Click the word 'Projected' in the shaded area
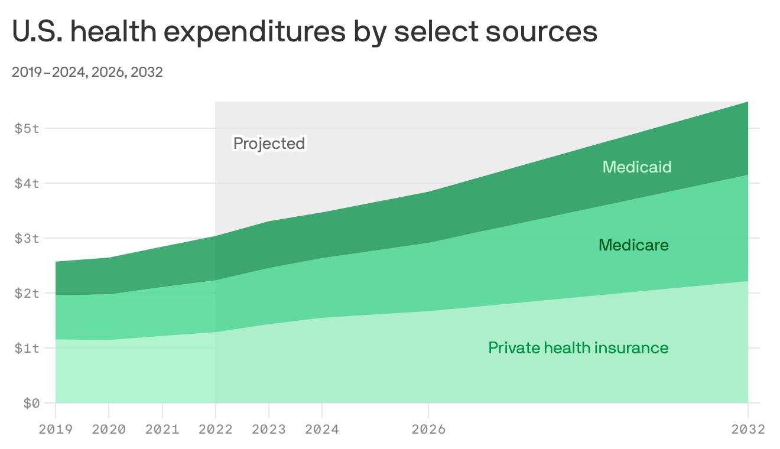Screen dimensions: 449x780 click(x=269, y=144)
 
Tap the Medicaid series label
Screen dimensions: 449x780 click(x=637, y=167)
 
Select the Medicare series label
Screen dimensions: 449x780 click(x=633, y=245)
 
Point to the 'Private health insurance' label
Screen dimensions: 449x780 click(x=578, y=348)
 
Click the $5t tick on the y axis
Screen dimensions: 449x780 click(x=27, y=128)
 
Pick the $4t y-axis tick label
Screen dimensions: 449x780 click(x=27, y=183)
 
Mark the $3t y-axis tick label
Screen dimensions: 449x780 click(x=27, y=238)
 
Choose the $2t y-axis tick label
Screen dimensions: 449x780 click(x=27, y=293)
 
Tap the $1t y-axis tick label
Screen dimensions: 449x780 click(x=27, y=348)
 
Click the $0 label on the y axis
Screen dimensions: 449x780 click(x=31, y=403)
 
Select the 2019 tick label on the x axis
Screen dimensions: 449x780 click(x=56, y=430)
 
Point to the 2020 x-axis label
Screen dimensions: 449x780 click(x=109, y=430)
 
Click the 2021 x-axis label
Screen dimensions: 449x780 click(x=162, y=430)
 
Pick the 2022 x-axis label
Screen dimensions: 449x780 click(x=216, y=430)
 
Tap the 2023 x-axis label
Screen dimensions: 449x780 click(x=269, y=430)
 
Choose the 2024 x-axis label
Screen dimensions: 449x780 click(x=322, y=430)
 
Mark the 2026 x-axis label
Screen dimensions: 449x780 click(x=428, y=430)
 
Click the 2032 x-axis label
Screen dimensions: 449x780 click(x=747, y=430)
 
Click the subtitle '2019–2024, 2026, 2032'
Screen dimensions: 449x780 click(x=87, y=73)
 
